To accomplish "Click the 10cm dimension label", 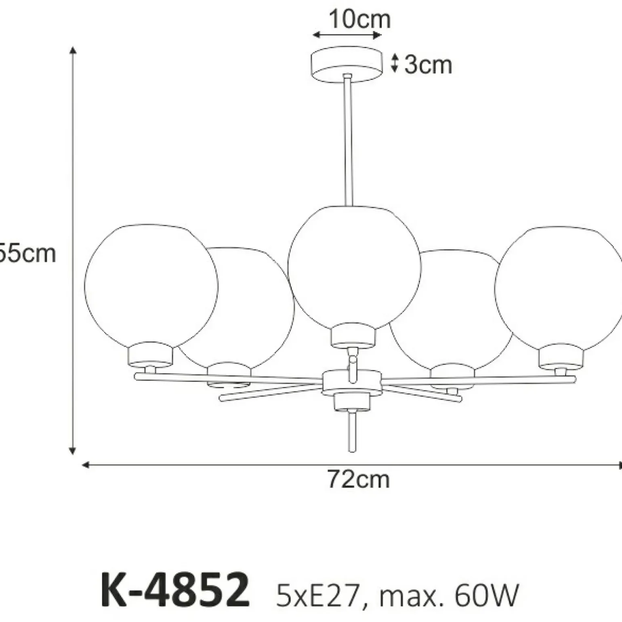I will pyautogui.click(x=359, y=19).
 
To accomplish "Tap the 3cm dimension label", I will pyautogui.click(x=428, y=65).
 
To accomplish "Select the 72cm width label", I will pyautogui.click(x=358, y=479).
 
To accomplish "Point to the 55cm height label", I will pyautogui.click(x=27, y=254).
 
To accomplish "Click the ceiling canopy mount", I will pyautogui.click(x=347, y=64).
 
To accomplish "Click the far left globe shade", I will pyautogui.click(x=151, y=285).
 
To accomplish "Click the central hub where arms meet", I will pyautogui.click(x=352, y=382).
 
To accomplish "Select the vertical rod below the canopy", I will pyautogui.click(x=347, y=141).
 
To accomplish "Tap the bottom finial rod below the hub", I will pyautogui.click(x=352, y=431).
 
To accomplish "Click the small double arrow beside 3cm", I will pyautogui.click(x=395, y=64).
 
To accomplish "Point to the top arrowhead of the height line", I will pyautogui.click(x=73, y=50).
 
